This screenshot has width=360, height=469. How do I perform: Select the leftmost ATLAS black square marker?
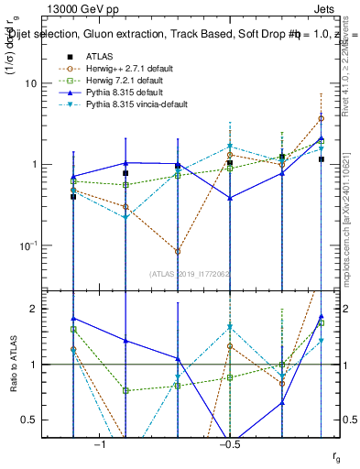point(73,197)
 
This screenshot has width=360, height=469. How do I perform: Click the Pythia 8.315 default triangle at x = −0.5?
point(230,198)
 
